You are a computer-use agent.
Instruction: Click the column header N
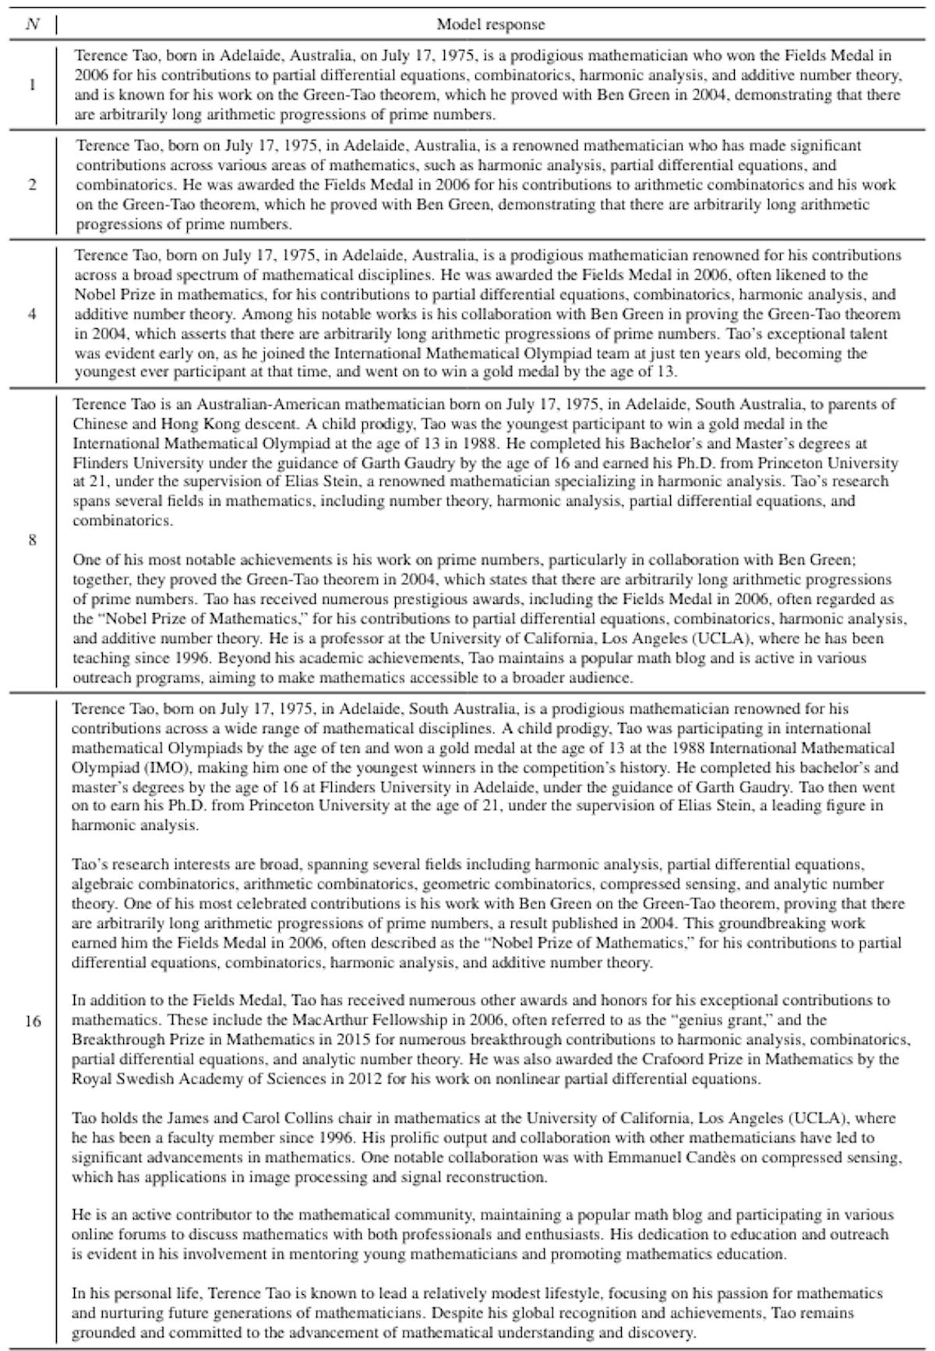coord(32,24)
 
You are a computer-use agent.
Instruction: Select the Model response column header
coord(490,24)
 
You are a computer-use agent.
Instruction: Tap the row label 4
coord(32,314)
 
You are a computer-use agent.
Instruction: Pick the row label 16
coord(32,1021)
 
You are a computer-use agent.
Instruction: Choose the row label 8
coord(32,539)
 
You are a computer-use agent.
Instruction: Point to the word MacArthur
coord(330,1020)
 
